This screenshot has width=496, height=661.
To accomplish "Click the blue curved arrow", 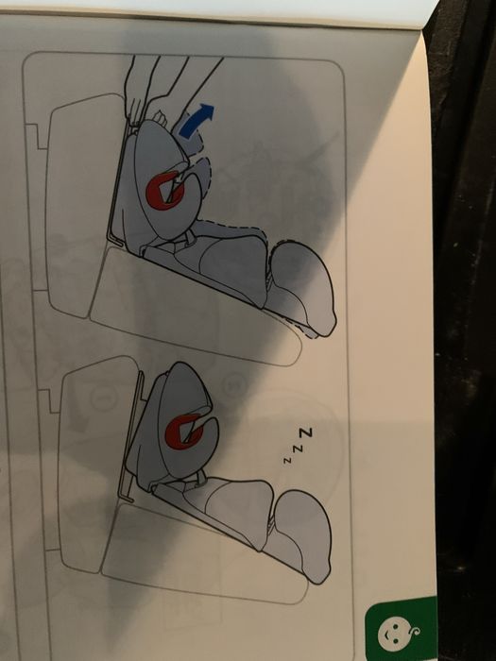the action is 196,122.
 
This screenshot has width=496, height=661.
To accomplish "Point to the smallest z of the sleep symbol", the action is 287,460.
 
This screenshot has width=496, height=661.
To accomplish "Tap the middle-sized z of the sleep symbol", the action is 298,449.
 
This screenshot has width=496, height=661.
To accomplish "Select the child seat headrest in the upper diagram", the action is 301,287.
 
